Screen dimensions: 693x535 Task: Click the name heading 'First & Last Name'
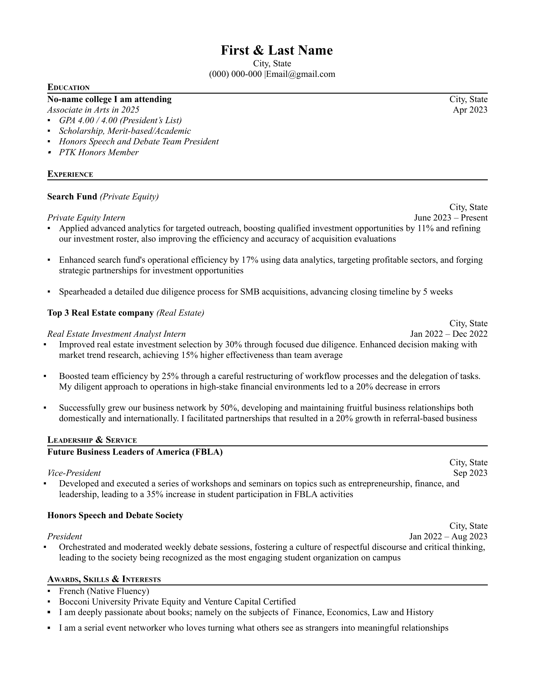(x=276, y=50)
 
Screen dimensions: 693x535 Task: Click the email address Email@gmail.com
(x=301, y=74)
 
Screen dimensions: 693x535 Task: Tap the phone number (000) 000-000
(x=235, y=74)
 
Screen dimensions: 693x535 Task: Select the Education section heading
(x=69, y=87)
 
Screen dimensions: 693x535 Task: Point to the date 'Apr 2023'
(x=470, y=110)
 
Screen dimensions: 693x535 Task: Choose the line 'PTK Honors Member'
(x=99, y=153)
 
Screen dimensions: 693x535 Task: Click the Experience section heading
(x=70, y=174)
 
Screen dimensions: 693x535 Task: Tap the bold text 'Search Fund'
(x=72, y=197)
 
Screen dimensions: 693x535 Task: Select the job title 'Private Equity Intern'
(x=86, y=218)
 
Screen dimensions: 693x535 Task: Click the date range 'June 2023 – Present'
(x=450, y=218)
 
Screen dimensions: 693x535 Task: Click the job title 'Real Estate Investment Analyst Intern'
(x=116, y=334)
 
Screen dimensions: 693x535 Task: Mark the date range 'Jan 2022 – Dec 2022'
(x=448, y=334)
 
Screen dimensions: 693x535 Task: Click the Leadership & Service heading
(x=92, y=440)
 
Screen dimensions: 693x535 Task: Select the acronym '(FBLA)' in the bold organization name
(x=207, y=452)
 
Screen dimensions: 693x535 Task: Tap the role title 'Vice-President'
(x=74, y=473)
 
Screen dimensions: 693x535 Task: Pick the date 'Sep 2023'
(x=470, y=473)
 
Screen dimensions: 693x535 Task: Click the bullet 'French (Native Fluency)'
(x=104, y=591)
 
